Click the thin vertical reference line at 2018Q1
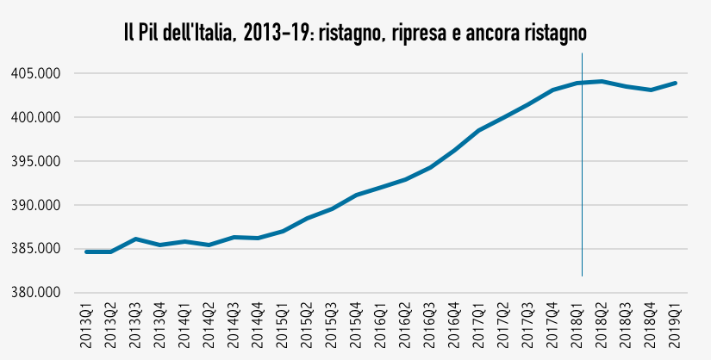pos(583,172)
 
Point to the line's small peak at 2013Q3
pos(136,239)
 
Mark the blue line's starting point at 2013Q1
pos(86,251)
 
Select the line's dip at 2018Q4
pos(652,90)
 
